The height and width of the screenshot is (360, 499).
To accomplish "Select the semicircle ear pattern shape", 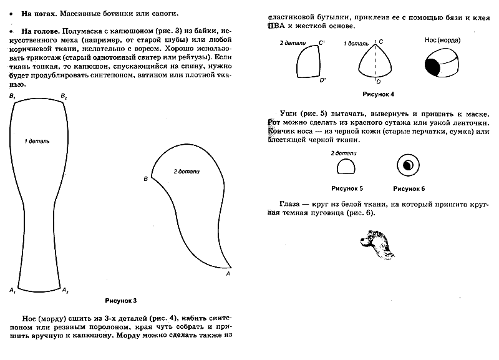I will (x=346, y=167).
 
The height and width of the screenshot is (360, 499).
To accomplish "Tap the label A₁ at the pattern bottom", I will (x=12, y=290).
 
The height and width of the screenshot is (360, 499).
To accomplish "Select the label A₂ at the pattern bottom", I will (x=65, y=290).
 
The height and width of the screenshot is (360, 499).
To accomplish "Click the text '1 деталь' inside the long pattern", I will (x=36, y=141).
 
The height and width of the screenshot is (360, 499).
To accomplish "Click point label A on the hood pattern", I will (x=228, y=273).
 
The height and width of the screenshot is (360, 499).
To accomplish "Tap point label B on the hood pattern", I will (x=145, y=178).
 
